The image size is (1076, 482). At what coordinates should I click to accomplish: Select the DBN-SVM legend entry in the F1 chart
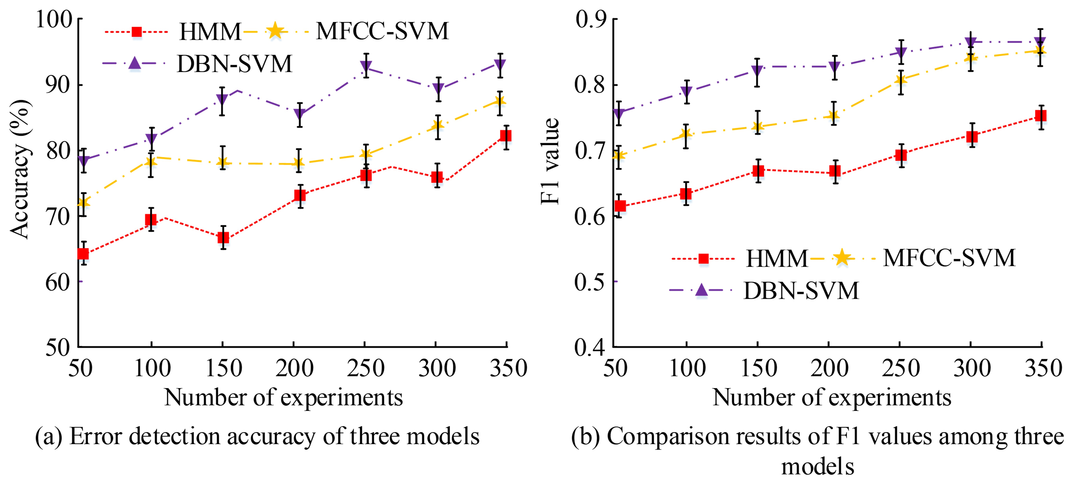[x=801, y=291]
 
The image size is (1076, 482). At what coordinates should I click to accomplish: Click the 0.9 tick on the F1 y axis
[x=590, y=19]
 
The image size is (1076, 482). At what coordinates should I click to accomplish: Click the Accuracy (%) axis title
[x=20, y=169]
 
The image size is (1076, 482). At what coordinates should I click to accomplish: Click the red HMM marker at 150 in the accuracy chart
[x=223, y=237]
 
